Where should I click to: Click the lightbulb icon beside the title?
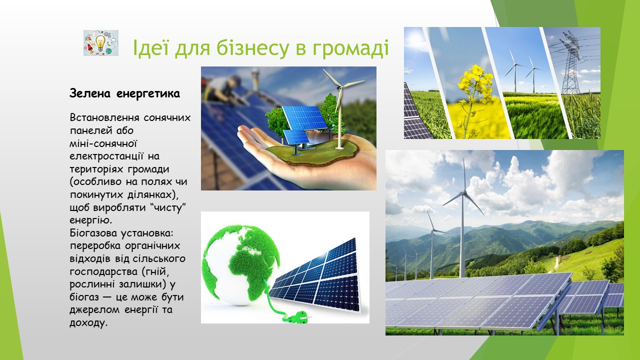tap(100, 43)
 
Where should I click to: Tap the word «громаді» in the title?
tap(350, 48)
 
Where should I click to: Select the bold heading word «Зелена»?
tap(89, 93)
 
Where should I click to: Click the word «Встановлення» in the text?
tap(104, 117)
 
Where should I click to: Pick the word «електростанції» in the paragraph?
tap(106, 156)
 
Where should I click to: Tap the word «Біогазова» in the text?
tap(93, 233)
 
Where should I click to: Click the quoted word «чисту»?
tap(168, 207)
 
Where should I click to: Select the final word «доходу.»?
tap(88, 323)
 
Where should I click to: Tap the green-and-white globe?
tap(241, 265)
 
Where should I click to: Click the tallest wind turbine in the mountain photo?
tap(462, 217)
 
